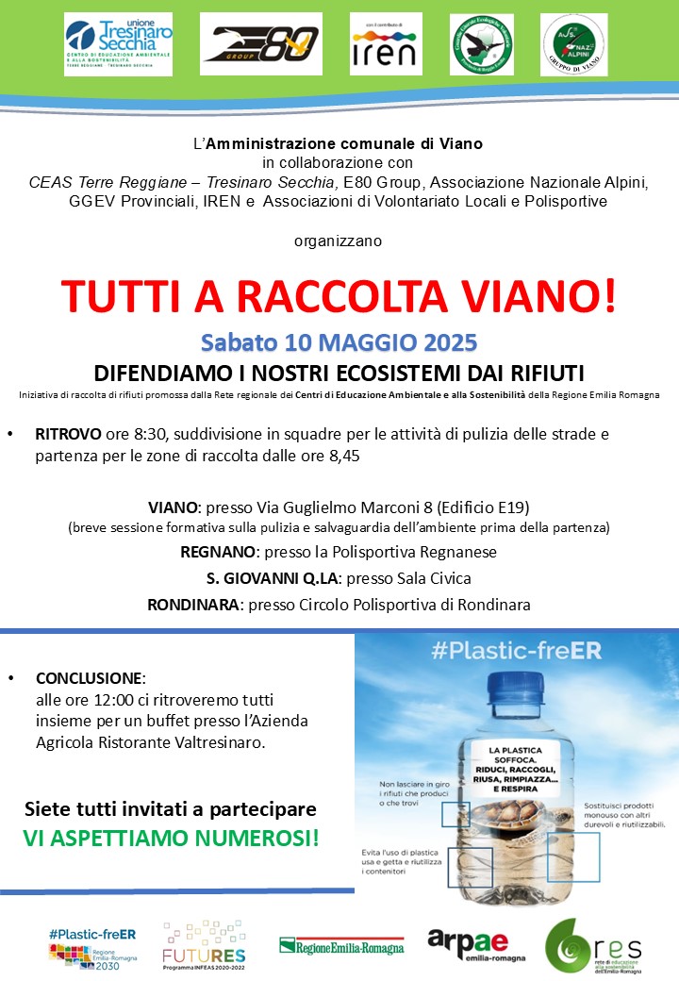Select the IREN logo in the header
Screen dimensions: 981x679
[383, 43]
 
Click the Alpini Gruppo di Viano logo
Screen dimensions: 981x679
[574, 44]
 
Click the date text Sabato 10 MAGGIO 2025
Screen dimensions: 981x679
[339, 341]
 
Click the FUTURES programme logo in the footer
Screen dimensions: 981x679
[204, 948]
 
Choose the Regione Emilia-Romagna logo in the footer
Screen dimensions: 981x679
[341, 946]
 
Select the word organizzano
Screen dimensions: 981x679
[339, 241]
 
